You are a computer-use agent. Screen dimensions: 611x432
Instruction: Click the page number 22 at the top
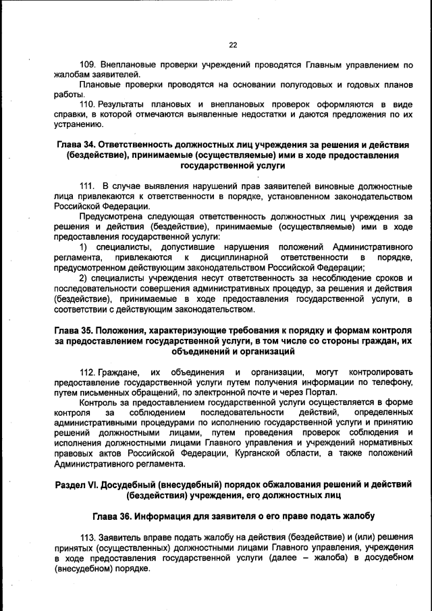point(233,45)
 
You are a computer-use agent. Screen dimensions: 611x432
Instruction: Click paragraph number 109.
point(90,65)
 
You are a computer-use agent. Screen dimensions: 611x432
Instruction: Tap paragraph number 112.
point(87,372)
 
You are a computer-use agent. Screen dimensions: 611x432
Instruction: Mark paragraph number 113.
point(87,537)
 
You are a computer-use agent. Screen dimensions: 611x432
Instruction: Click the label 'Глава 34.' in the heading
point(77,146)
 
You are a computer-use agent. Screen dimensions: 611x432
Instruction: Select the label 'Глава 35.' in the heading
point(76,331)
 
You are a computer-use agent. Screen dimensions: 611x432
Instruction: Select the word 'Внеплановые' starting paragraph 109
point(128,65)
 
